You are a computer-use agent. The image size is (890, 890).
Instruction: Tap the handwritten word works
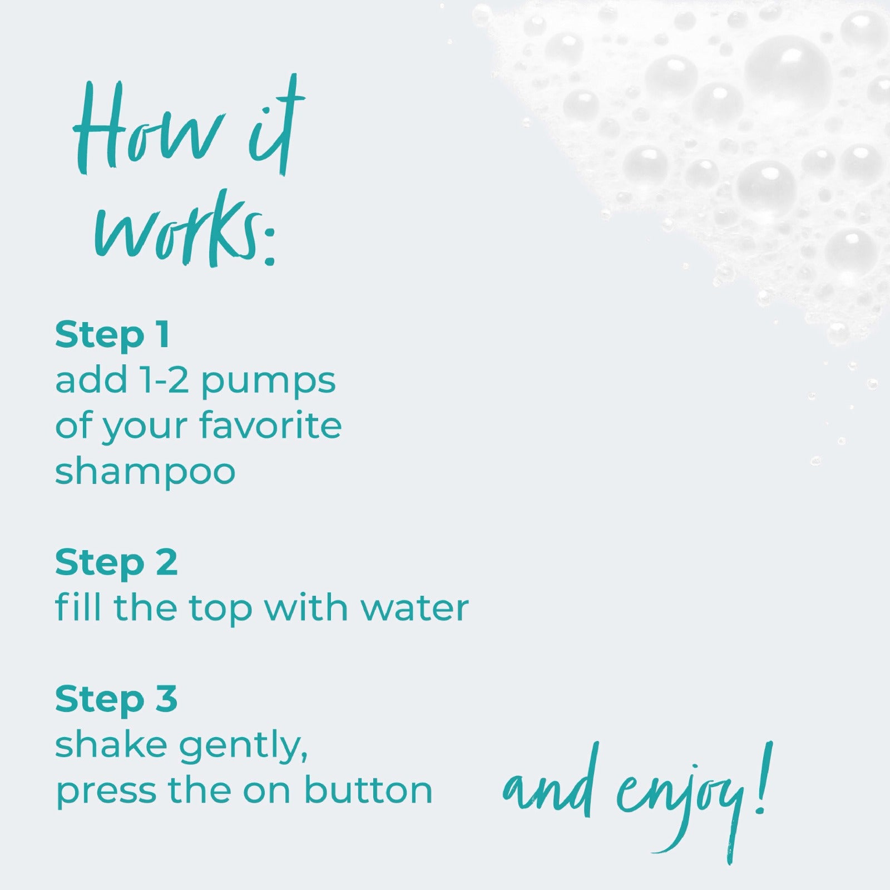[178, 228]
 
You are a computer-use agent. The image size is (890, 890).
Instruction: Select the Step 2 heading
[116, 563]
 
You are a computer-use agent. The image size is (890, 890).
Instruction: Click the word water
[414, 609]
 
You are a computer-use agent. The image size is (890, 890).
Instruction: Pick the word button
[368, 789]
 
